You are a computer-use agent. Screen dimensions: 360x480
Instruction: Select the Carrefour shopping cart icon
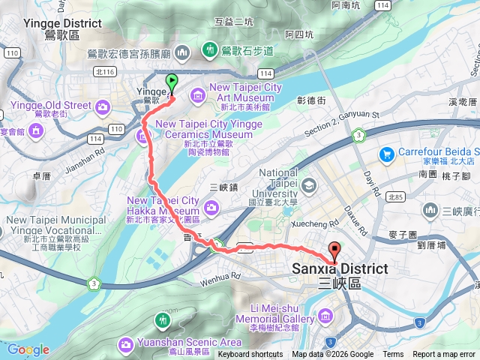(387, 154)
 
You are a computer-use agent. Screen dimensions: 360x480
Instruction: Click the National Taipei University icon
(309, 184)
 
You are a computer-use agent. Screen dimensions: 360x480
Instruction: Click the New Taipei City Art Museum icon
(197, 94)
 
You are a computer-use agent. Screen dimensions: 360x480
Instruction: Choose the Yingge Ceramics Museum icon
(142, 136)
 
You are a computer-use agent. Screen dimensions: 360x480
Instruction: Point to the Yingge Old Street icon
(37, 132)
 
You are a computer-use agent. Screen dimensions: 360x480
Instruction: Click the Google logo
(28, 349)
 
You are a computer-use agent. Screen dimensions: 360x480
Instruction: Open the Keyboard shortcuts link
(250, 355)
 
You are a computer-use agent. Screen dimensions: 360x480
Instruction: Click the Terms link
(393, 355)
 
